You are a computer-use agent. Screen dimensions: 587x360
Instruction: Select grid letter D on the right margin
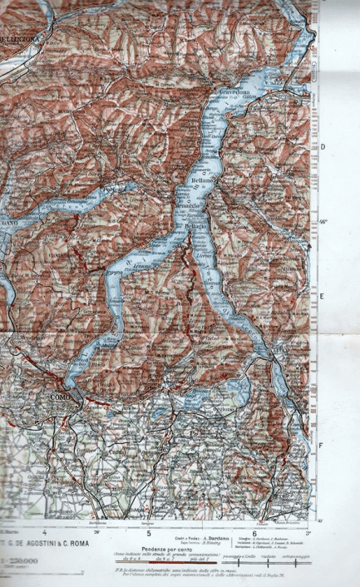click(323, 147)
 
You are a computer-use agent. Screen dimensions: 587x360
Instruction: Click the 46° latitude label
click(323, 221)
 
